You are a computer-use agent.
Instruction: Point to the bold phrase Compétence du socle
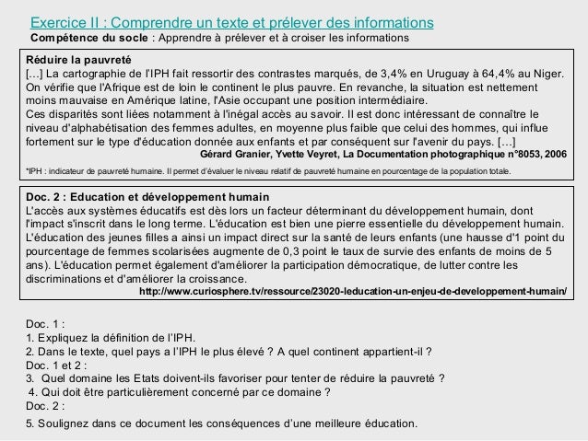coord(88,37)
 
